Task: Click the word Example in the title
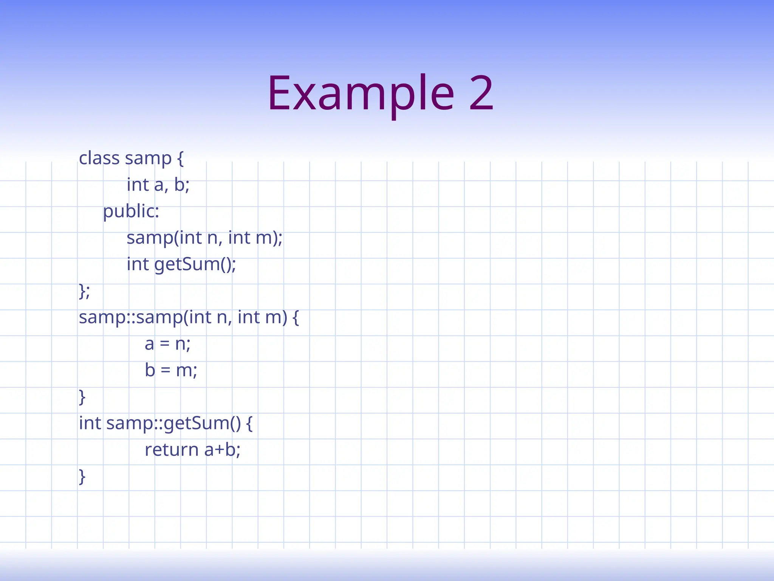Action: coord(361,94)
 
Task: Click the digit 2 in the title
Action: coord(481,94)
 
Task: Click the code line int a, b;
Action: coord(158,185)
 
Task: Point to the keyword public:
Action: coord(131,211)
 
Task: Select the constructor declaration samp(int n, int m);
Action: coord(204,238)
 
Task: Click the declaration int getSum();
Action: coord(181,264)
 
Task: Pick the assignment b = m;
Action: coord(171,370)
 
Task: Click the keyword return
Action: coord(172,450)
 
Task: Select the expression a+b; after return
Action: coord(222,450)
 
